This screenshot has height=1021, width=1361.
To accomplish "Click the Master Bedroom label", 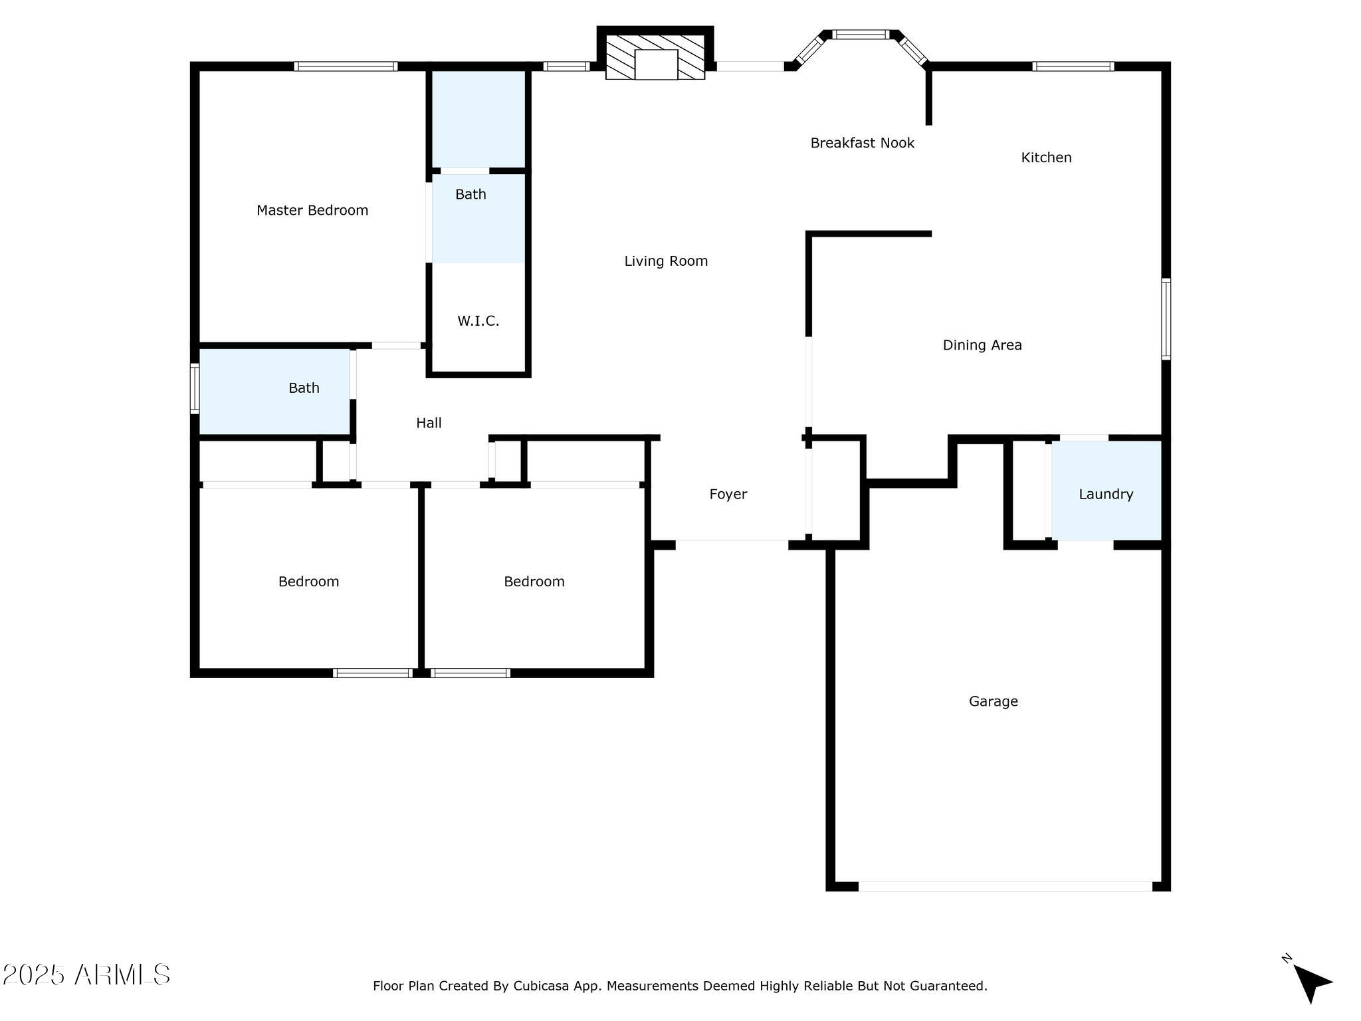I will [312, 211].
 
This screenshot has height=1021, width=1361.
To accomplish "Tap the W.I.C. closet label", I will [478, 321].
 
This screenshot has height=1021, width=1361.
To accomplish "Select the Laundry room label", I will [1106, 494].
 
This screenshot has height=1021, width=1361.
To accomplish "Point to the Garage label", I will [993, 701].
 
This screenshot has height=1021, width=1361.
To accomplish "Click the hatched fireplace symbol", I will [655, 57].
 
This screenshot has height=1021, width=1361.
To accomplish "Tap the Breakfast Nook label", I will [862, 143].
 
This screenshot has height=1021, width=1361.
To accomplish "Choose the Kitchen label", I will [1046, 158].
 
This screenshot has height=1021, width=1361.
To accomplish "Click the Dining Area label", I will [982, 345].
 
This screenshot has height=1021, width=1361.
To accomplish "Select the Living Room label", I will [666, 261].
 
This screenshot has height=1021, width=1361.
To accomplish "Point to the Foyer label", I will [728, 494].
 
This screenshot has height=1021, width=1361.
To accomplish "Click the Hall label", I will [429, 423].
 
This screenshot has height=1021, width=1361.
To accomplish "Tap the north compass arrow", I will [1311, 982].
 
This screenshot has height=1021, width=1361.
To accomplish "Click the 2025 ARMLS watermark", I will [86, 975].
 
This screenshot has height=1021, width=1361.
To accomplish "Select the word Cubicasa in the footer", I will [541, 986].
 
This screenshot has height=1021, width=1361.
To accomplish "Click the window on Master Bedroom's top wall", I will [346, 66].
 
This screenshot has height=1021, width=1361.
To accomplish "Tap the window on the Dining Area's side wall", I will [1166, 319].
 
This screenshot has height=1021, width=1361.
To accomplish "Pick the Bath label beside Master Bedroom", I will [471, 195].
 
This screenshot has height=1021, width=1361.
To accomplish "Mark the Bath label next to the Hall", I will [304, 388].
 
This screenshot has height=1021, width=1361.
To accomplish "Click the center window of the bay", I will [861, 35].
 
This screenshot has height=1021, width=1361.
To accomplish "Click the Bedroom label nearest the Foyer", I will [534, 582].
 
